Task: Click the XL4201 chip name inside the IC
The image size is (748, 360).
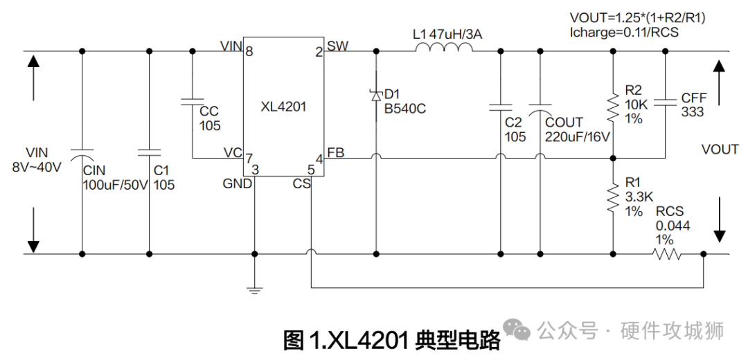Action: click(x=283, y=107)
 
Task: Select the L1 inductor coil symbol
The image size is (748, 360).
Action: click(x=444, y=48)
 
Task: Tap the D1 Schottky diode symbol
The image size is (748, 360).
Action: click(x=376, y=95)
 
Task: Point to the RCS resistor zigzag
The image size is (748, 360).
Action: click(x=666, y=255)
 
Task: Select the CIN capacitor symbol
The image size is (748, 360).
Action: click(x=82, y=150)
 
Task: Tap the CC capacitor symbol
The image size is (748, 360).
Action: click(x=192, y=102)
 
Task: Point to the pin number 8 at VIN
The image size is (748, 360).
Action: click(x=249, y=51)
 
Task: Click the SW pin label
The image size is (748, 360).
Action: click(x=338, y=46)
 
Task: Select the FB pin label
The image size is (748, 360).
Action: click(x=336, y=153)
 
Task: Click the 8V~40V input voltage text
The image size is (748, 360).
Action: click(x=37, y=166)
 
